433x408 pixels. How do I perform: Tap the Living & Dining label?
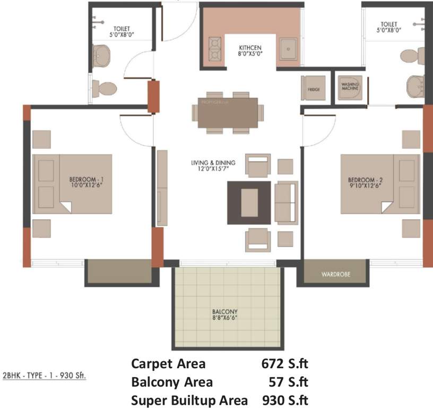[x=213, y=165]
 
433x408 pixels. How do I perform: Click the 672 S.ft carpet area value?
[x=285, y=364]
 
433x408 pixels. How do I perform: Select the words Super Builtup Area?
[x=189, y=399]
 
